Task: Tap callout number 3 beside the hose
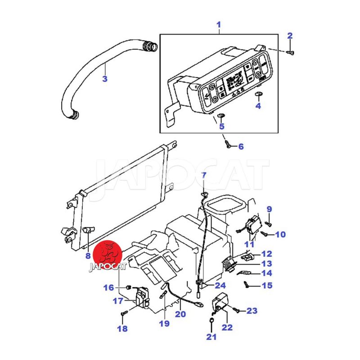coord(104,79)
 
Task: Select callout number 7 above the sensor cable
coord(204,175)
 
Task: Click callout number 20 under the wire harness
coord(180,314)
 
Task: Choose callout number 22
coord(227,327)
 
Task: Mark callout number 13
coord(267,264)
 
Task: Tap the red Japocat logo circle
coord(110,253)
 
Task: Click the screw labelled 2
coord(291,53)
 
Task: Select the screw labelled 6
coord(229,145)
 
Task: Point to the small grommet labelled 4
coord(258,94)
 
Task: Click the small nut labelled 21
coord(211,320)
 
